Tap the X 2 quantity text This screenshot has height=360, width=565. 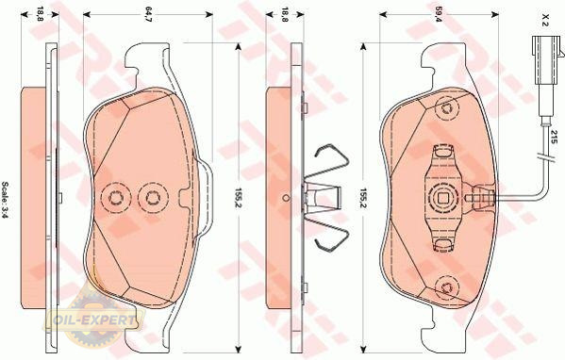545,20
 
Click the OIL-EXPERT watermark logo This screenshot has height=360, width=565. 93,319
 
